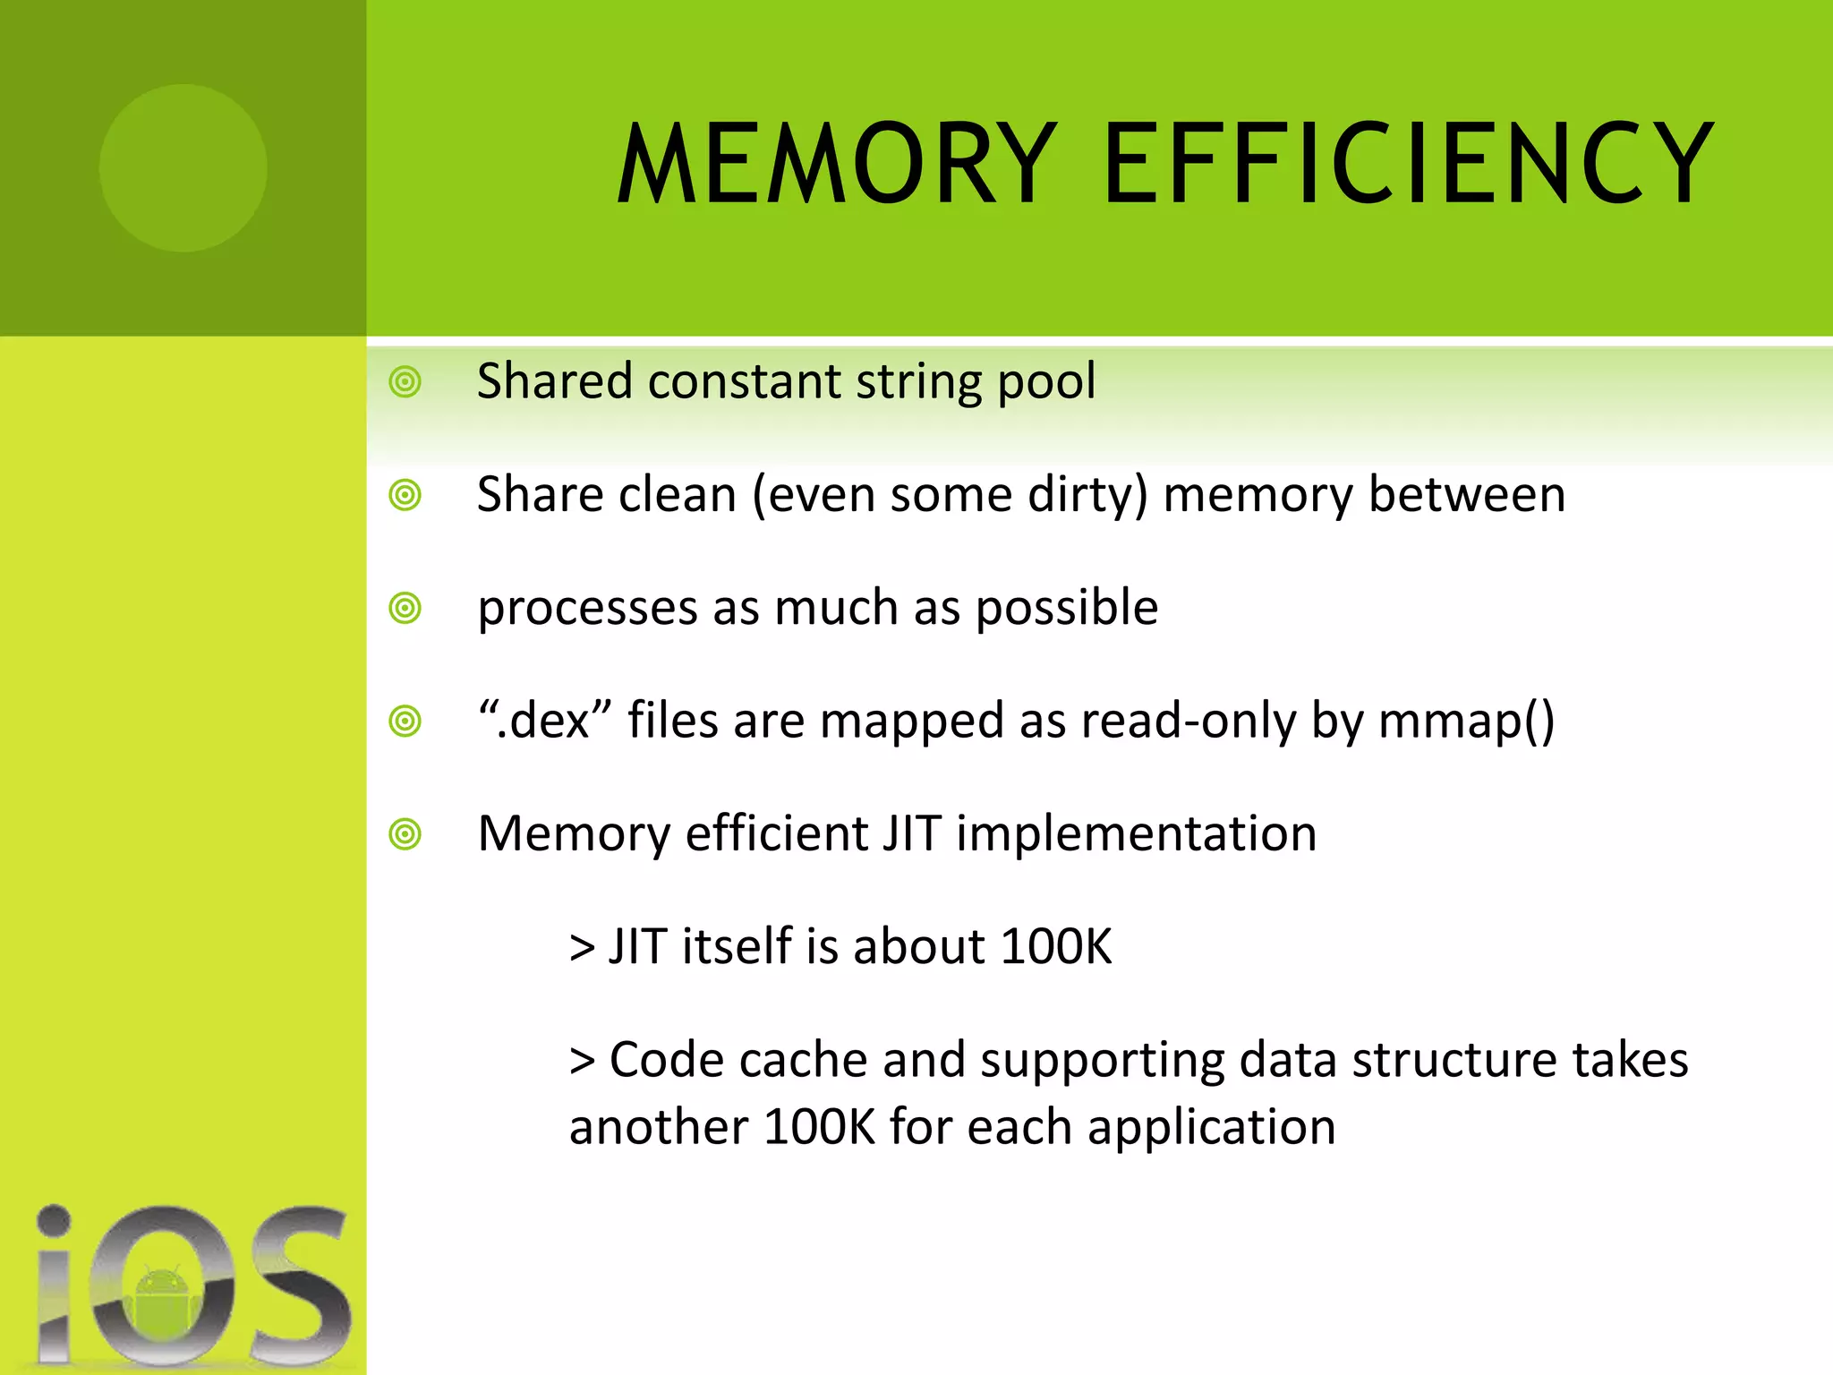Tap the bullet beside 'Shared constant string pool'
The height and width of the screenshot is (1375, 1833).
405,382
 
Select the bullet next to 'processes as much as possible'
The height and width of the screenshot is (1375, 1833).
405,609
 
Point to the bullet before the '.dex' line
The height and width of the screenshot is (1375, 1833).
405,722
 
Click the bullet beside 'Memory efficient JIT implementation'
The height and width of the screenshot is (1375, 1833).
405,834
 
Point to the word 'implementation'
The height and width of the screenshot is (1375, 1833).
1137,834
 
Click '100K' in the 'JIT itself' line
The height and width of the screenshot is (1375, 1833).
1056,947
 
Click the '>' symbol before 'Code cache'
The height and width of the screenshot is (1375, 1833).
582,1062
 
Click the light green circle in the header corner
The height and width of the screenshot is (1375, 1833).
183,167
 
